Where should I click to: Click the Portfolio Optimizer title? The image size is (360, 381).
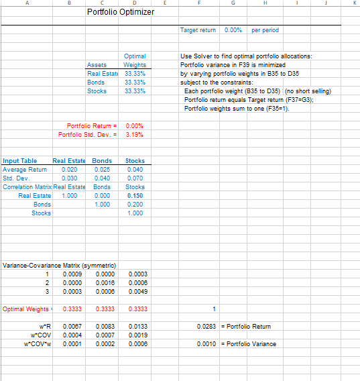[x=121, y=12]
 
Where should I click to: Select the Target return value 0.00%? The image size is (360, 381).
[x=233, y=30]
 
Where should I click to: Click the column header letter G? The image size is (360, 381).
[x=233, y=3]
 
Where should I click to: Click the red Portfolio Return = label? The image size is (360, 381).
[x=93, y=126]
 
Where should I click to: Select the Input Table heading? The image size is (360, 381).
[x=20, y=161]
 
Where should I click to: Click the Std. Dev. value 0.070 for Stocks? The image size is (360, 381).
[x=135, y=178]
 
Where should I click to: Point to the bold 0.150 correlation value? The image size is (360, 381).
[x=135, y=195]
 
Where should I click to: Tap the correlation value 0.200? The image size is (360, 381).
[x=135, y=204]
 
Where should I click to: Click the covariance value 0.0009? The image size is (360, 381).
[x=72, y=274]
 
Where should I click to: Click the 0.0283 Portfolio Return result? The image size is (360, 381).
[x=206, y=326]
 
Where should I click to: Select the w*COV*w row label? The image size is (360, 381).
[x=40, y=343]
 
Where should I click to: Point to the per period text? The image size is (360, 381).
[x=265, y=30]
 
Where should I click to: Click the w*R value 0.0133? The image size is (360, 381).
[x=135, y=326]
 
